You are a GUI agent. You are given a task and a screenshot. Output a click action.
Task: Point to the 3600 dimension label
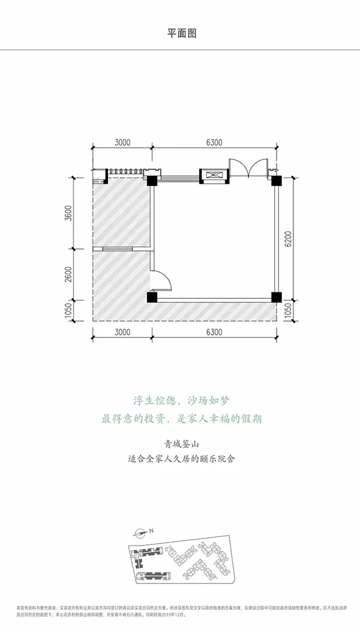[70, 214]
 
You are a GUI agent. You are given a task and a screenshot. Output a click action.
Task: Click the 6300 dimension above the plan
[214, 142]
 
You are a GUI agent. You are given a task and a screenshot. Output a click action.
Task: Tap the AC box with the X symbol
[213, 175]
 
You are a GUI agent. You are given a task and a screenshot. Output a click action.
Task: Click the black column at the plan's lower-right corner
[277, 297]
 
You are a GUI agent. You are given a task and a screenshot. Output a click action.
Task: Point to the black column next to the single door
[152, 297]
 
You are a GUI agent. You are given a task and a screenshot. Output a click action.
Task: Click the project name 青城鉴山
[180, 445]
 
